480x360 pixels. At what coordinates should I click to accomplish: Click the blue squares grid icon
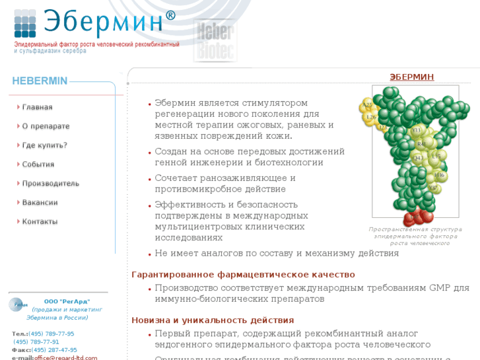[25, 24]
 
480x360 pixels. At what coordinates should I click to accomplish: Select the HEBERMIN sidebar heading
[40, 81]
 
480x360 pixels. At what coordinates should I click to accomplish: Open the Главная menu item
[37, 107]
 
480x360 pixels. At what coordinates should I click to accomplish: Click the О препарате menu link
[46, 126]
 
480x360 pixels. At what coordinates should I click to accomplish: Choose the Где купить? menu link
[44, 145]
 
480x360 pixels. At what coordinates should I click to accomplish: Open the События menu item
[38, 164]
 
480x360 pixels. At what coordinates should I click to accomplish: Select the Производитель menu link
[50, 184]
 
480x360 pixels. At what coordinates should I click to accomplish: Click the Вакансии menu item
[40, 203]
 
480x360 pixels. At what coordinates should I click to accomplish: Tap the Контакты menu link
[40, 222]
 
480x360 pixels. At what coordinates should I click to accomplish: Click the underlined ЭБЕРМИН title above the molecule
[412, 77]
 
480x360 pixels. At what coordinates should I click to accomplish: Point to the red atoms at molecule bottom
[417, 217]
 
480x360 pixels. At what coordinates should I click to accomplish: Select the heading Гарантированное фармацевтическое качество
[243, 274]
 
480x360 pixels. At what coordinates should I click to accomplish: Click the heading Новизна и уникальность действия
[213, 320]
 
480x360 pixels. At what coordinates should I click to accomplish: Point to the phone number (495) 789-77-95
[51, 334]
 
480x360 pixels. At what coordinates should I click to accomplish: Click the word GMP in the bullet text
[440, 288]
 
